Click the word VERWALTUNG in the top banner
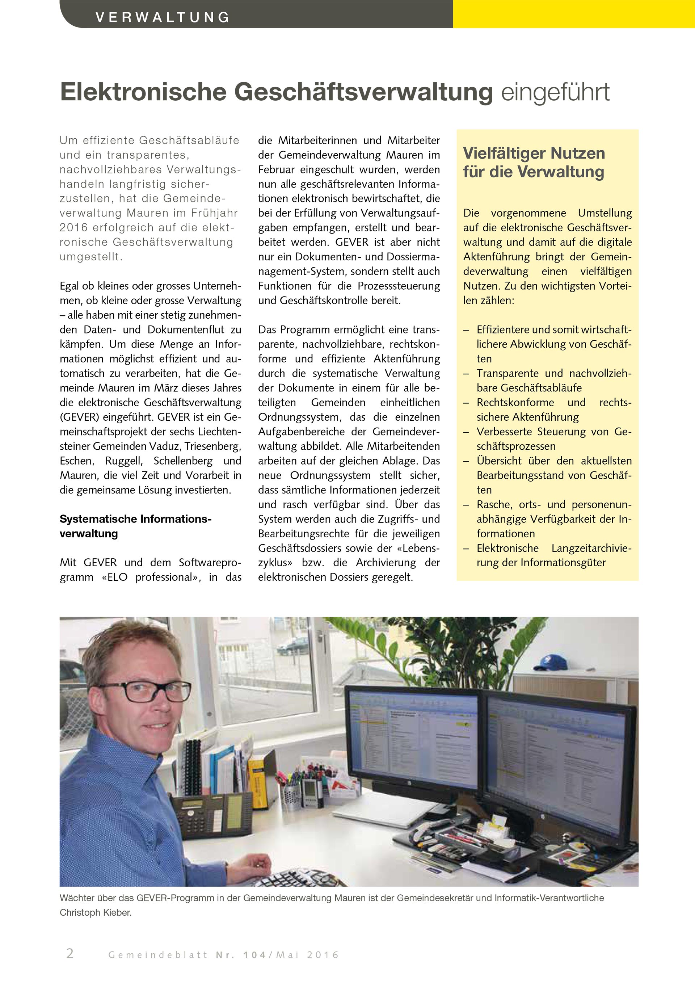(x=163, y=17)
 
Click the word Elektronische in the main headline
(x=143, y=92)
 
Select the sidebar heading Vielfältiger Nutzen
(x=534, y=153)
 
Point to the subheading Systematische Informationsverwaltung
(x=135, y=526)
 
